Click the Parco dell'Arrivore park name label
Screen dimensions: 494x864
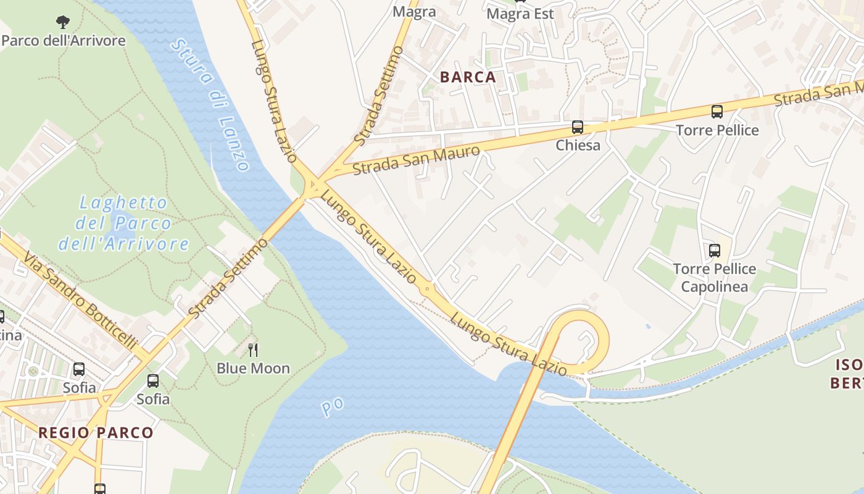tap(63, 41)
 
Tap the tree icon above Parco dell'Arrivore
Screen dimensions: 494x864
tap(63, 23)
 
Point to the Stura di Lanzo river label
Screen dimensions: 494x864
tap(210, 105)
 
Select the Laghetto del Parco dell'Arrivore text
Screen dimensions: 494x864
tap(123, 223)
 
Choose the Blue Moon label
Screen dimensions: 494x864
tap(253, 368)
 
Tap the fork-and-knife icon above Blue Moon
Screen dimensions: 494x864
tap(253, 350)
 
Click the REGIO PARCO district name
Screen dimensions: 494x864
tap(96, 432)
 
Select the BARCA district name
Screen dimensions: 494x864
tap(468, 77)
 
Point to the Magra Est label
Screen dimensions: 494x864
tap(520, 14)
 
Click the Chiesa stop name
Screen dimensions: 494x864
tap(578, 145)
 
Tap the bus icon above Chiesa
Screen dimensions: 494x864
tap(578, 127)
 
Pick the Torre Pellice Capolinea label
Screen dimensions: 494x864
tap(714, 278)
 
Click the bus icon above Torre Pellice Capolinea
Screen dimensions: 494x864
tap(715, 251)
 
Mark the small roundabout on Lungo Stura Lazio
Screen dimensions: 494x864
tap(426, 289)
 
